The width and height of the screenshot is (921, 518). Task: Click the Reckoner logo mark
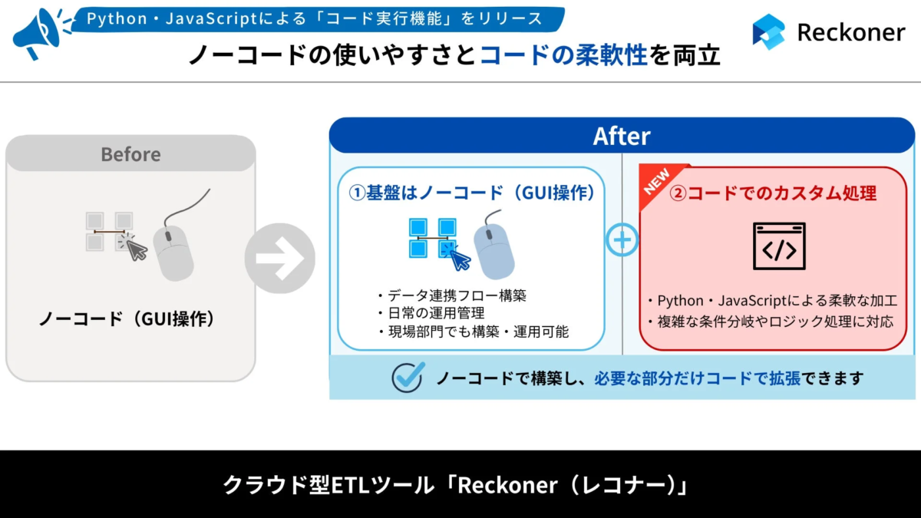tap(768, 32)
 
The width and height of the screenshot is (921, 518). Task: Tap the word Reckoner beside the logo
tap(851, 32)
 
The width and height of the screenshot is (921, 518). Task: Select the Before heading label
tap(130, 154)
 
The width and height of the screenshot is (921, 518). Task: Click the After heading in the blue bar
tap(622, 137)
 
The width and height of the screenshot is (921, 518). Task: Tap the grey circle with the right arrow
tap(279, 259)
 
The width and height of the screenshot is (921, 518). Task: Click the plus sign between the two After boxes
tap(622, 240)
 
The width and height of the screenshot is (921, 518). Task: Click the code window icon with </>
tap(779, 246)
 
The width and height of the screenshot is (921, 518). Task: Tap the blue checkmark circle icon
tap(408, 377)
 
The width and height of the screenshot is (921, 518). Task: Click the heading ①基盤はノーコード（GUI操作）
tap(472, 193)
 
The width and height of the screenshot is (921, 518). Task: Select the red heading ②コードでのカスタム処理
tap(773, 193)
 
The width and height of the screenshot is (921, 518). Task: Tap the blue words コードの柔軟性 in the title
tap(564, 55)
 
